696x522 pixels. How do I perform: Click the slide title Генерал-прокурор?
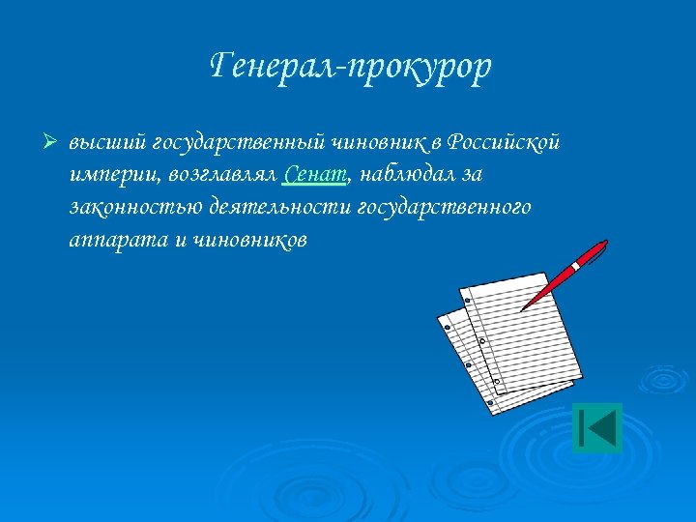click(x=350, y=67)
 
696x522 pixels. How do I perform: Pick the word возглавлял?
click(x=223, y=175)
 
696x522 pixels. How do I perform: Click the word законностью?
click(x=130, y=207)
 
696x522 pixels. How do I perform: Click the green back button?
click(x=596, y=426)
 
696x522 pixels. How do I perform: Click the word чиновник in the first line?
click(x=377, y=143)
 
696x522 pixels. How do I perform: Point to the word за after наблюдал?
click(x=471, y=175)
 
